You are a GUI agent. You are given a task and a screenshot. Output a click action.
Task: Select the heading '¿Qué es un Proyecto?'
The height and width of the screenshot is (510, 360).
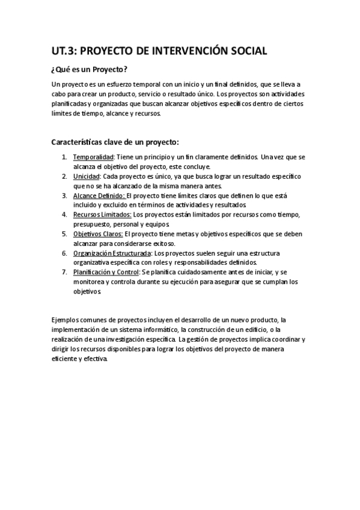[89, 70]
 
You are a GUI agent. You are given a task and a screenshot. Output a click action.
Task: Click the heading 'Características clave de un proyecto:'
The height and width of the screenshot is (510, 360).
[115, 143]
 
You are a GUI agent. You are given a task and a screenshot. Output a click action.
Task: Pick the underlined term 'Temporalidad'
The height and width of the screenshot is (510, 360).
[93, 157]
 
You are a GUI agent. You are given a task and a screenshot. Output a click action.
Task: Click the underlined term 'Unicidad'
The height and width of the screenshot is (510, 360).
[86, 176]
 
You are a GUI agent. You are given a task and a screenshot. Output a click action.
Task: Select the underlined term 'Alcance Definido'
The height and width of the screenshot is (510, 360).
[99, 195]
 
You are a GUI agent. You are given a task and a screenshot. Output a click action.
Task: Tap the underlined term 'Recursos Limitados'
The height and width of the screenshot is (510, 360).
[102, 215]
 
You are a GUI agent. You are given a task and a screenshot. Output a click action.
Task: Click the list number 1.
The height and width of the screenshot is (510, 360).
[64, 157]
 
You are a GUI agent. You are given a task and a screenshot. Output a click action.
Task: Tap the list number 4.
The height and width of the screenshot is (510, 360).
[64, 215]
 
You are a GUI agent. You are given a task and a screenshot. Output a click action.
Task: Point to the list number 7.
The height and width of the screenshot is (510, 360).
[64, 272]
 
